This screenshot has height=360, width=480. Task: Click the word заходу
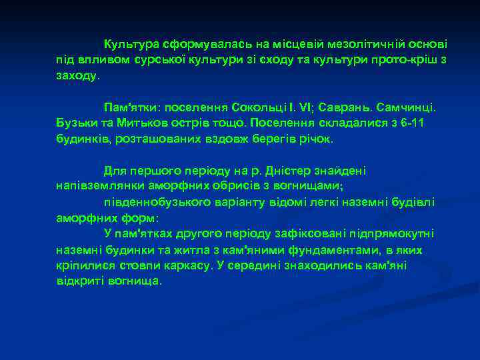pyautogui.click(x=77, y=76)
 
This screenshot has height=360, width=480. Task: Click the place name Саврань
pyautogui.click(x=345, y=107)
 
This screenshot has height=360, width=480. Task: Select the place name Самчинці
pyautogui.click(x=407, y=107)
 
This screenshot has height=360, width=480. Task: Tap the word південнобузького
pyautogui.click(x=151, y=202)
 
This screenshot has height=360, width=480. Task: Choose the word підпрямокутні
pyautogui.click(x=393, y=233)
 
